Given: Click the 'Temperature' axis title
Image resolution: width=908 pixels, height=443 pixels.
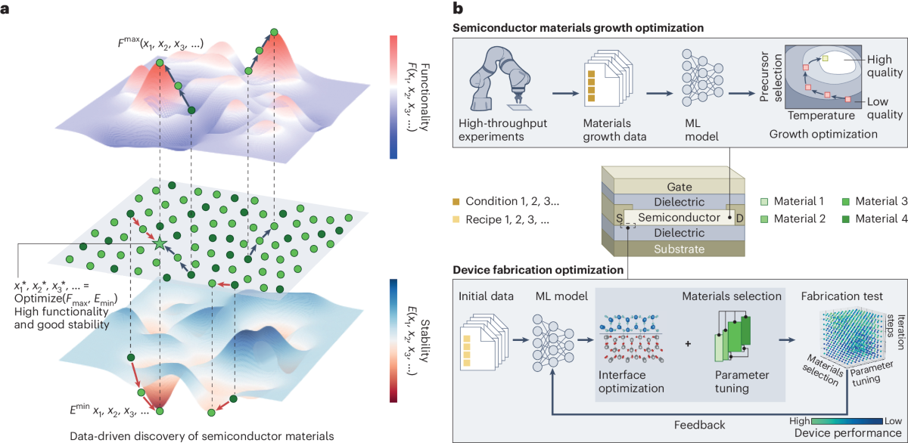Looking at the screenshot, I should pyautogui.click(x=821, y=116).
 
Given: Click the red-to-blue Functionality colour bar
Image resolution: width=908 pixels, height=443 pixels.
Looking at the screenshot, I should pyautogui.click(x=394, y=96).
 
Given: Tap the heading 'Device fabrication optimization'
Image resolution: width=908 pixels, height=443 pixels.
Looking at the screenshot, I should pyautogui.click(x=538, y=270).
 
